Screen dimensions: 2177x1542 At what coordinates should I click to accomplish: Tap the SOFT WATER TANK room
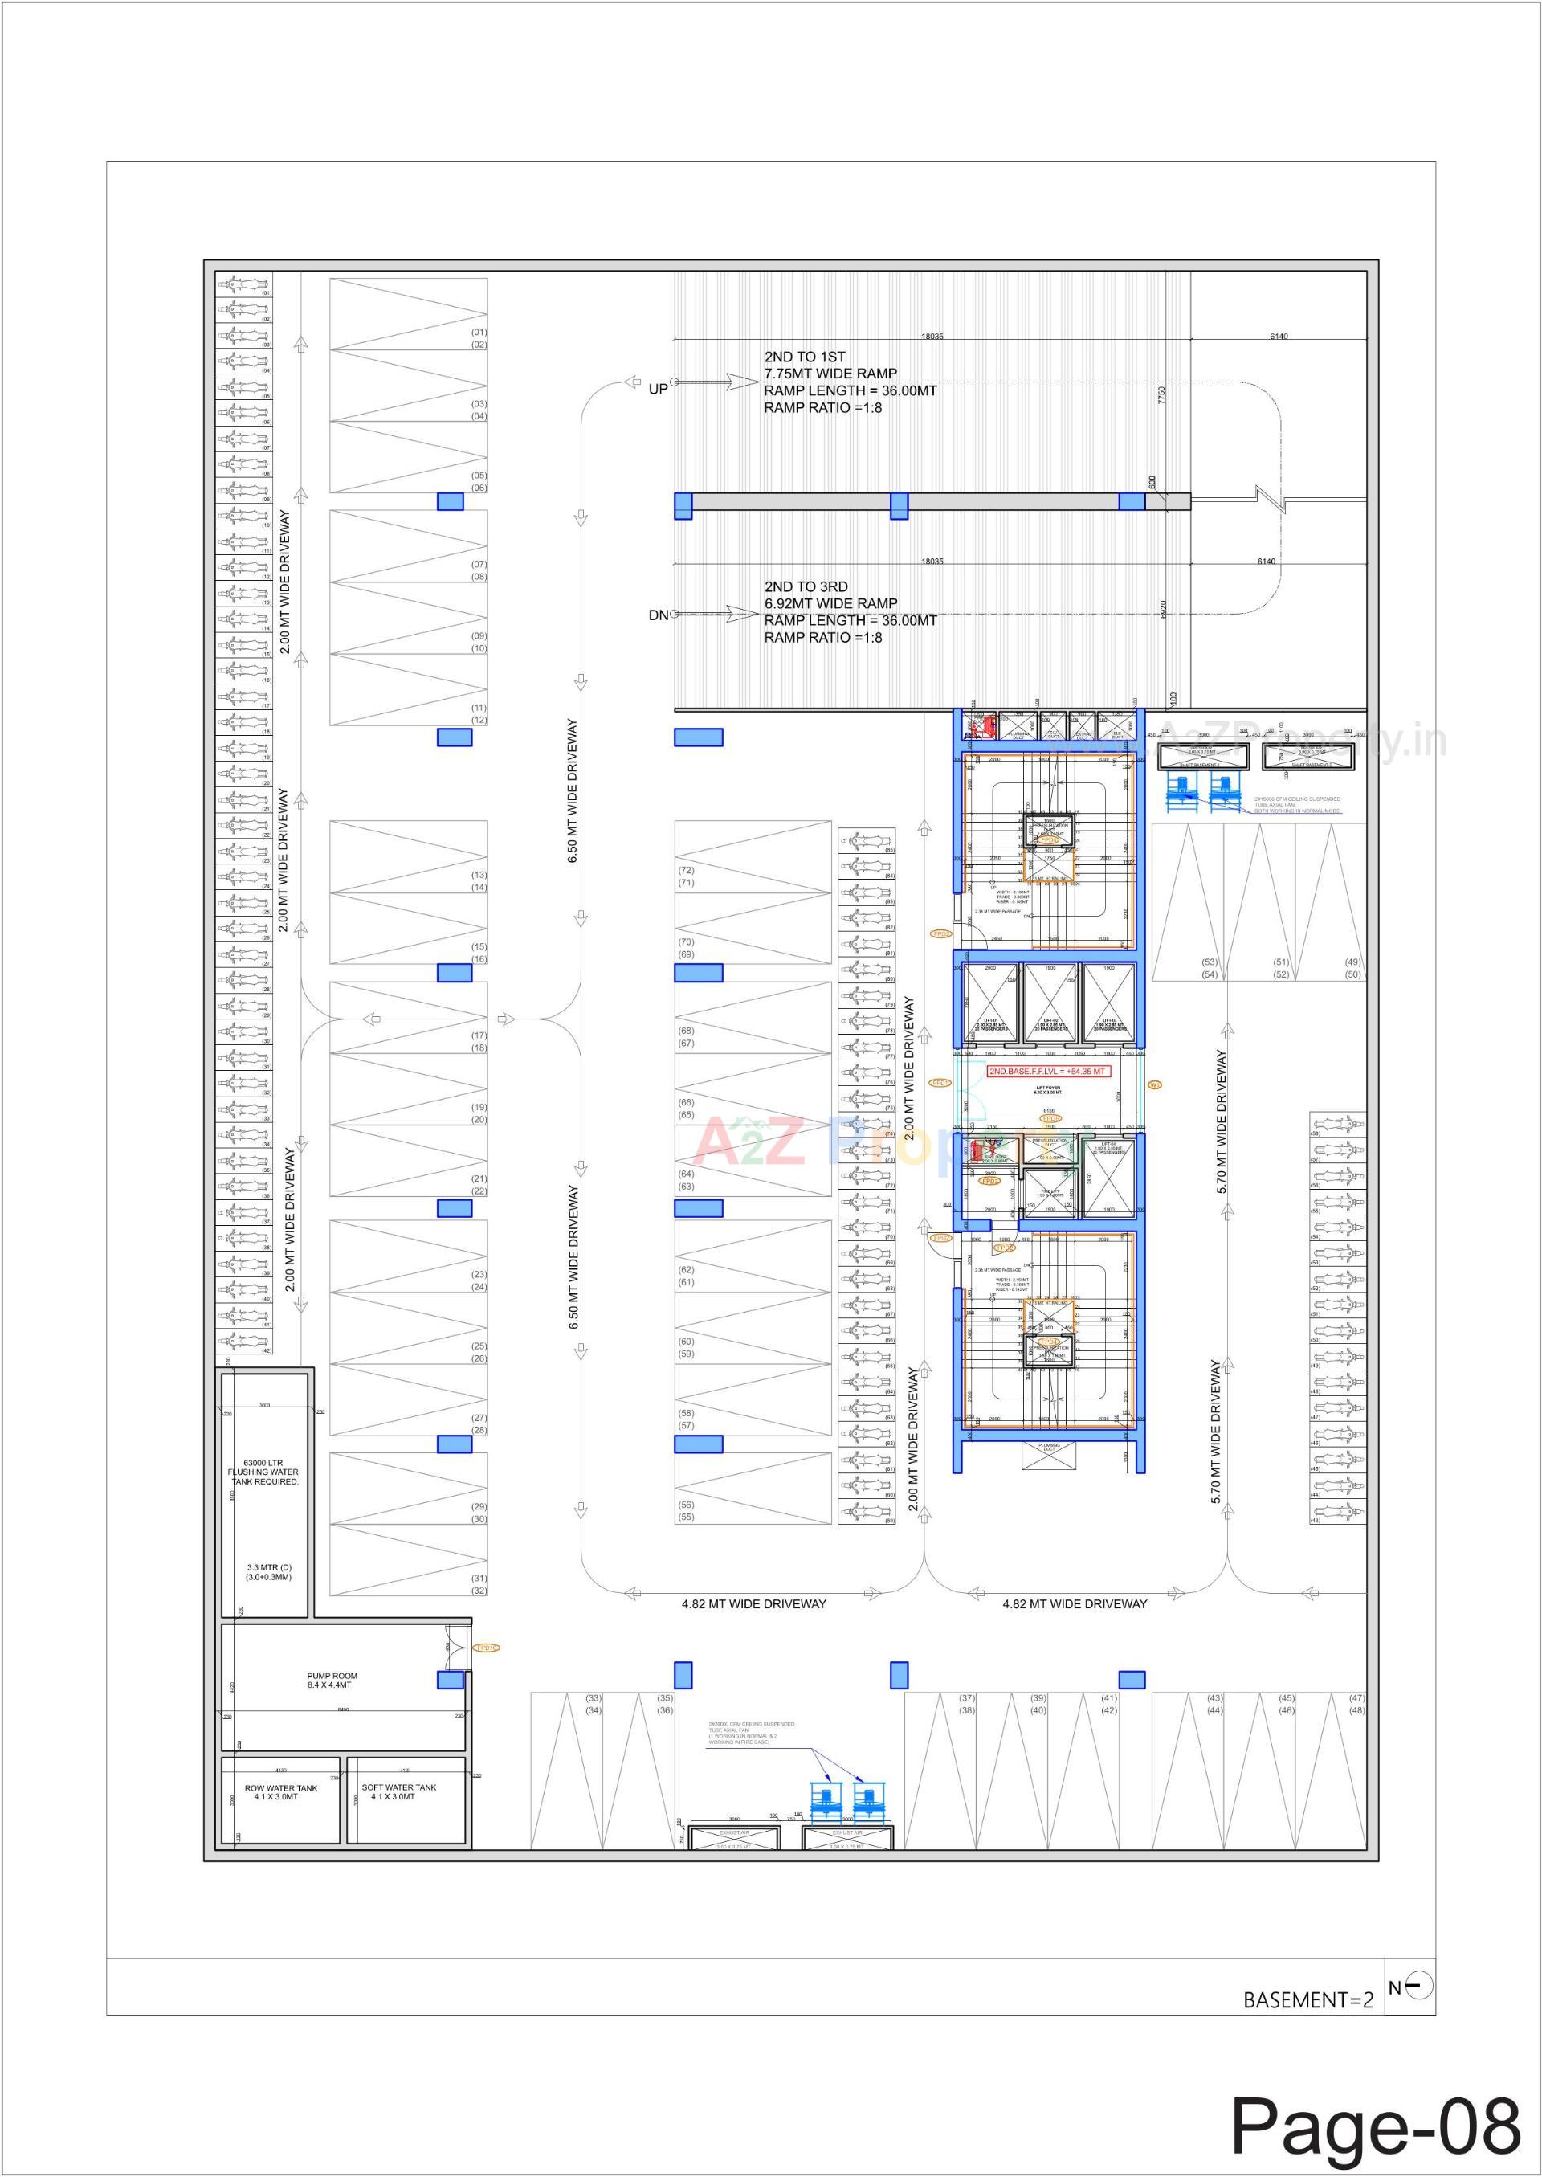[399, 1791]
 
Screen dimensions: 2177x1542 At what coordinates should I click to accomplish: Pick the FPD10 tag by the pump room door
[487, 1648]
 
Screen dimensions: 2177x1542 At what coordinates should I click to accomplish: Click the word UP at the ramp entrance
[658, 390]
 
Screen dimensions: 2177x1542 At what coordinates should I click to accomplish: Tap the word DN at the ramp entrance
[658, 615]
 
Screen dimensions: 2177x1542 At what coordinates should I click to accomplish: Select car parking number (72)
[686, 870]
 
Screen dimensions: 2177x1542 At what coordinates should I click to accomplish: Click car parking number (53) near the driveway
[1209, 962]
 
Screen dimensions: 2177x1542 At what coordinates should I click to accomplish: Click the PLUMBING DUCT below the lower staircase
[1049, 1447]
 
